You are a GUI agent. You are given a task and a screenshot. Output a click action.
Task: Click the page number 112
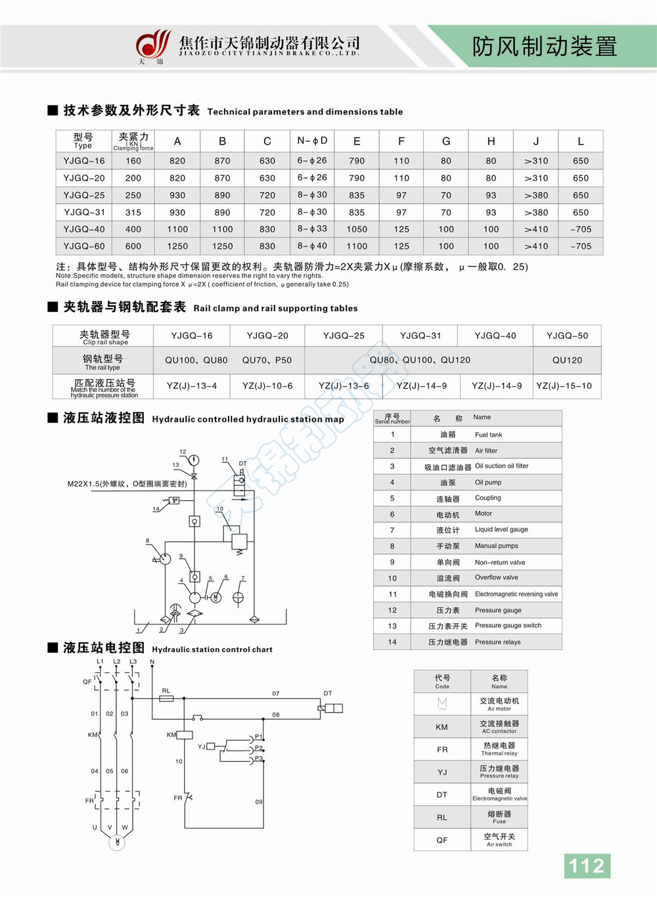tap(587, 865)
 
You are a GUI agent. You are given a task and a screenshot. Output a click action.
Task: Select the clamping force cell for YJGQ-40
tap(133, 229)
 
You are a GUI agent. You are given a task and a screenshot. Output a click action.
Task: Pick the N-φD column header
tap(312, 141)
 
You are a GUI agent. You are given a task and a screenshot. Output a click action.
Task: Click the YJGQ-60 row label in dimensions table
tap(84, 246)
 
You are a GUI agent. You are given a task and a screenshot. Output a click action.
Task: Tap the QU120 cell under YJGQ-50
tap(568, 360)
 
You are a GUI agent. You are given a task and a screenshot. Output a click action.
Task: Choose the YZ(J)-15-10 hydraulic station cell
tap(564, 385)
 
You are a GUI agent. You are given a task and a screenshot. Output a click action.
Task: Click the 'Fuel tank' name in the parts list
tap(488, 435)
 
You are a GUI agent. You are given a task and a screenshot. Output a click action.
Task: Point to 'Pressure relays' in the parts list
tap(497, 642)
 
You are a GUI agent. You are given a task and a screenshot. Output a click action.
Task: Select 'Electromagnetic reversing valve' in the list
tap(516, 594)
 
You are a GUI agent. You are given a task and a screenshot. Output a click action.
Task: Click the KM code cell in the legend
tap(442, 727)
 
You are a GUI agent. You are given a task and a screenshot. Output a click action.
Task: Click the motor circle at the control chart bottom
tap(117, 842)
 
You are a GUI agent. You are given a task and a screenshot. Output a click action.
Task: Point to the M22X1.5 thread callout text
tap(127, 484)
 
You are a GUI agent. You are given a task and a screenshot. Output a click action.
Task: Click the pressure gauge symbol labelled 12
tap(194, 460)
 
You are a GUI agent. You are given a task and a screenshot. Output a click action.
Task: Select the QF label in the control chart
tap(87, 682)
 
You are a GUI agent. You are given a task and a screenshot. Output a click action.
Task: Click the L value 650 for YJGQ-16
tap(580, 161)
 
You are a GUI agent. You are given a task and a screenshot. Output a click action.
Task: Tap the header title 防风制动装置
tap(544, 46)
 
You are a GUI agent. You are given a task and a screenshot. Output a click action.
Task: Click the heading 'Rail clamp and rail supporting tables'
tap(275, 308)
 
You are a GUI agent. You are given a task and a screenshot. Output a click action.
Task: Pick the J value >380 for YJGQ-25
tap(536, 195)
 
